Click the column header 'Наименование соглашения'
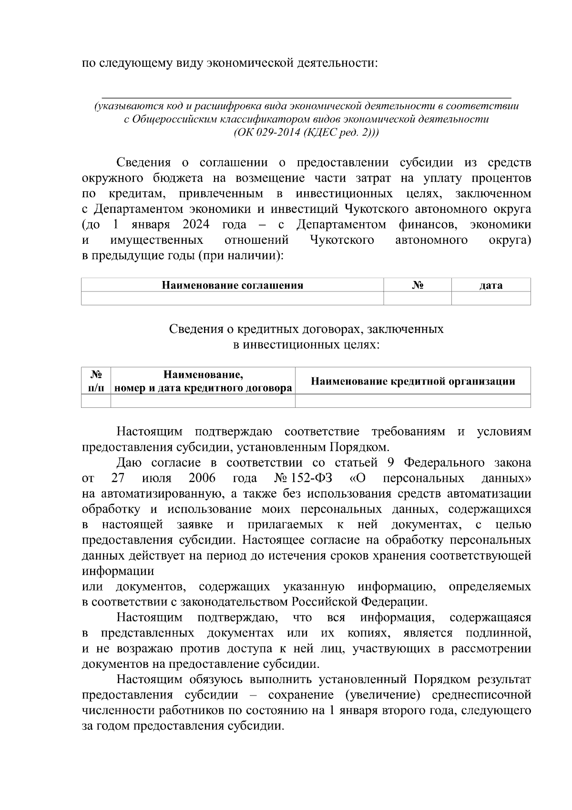pos(232,285)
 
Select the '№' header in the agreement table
pos(418,285)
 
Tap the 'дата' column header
pos(490,285)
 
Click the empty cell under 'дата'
pos(490,299)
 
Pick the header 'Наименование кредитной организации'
pos(412,381)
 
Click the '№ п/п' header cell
pos(96,381)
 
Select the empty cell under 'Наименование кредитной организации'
pos(412,401)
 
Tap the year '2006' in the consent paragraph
pos(202,478)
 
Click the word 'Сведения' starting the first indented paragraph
pos(143,163)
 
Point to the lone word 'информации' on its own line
pos(118,571)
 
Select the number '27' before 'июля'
pos(118,478)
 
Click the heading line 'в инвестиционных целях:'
pos(306,344)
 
